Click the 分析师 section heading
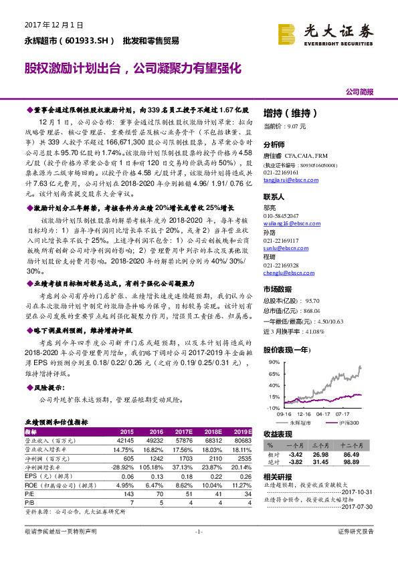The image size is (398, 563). coord(274,144)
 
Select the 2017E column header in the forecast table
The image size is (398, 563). coord(183,432)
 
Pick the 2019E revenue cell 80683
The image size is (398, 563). coord(239,441)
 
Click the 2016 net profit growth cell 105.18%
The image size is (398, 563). coord(151,467)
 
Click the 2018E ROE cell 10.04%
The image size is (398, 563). coord(211,485)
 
